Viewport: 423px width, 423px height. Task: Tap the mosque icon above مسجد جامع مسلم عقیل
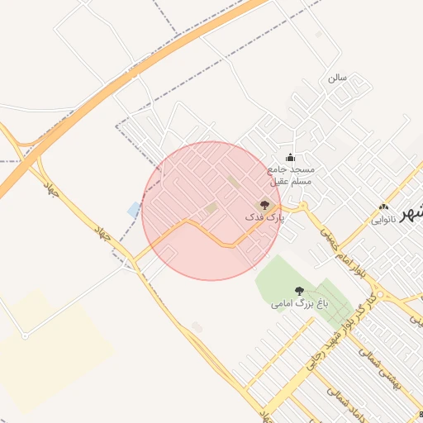click(x=289, y=158)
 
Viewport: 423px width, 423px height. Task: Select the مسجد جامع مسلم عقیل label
click(x=291, y=174)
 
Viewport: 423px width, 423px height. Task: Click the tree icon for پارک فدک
click(x=265, y=204)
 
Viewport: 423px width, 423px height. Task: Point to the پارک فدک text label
click(x=264, y=217)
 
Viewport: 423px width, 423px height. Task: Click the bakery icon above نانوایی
click(x=383, y=207)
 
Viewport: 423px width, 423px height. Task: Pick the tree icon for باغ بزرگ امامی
click(x=299, y=291)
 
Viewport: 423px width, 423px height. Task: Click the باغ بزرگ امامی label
click(x=300, y=304)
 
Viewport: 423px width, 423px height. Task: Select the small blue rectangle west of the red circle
click(x=134, y=209)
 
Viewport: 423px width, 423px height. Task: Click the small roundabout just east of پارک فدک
click(x=303, y=206)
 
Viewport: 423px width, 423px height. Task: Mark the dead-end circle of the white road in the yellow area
click(x=26, y=335)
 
